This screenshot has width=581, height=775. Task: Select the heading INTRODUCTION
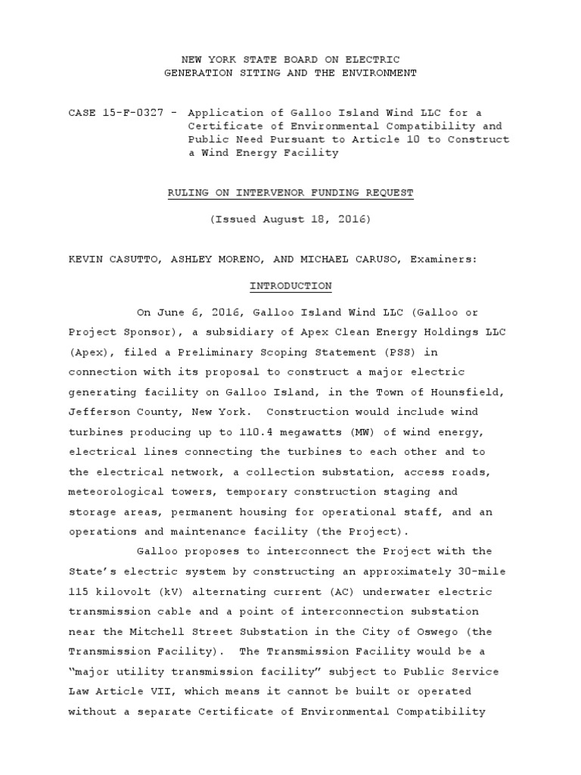tap(290, 286)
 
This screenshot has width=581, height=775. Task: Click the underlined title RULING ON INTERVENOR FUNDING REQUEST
tap(290, 193)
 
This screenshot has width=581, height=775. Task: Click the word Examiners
tap(443, 259)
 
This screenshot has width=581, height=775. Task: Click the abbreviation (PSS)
tap(399, 352)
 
